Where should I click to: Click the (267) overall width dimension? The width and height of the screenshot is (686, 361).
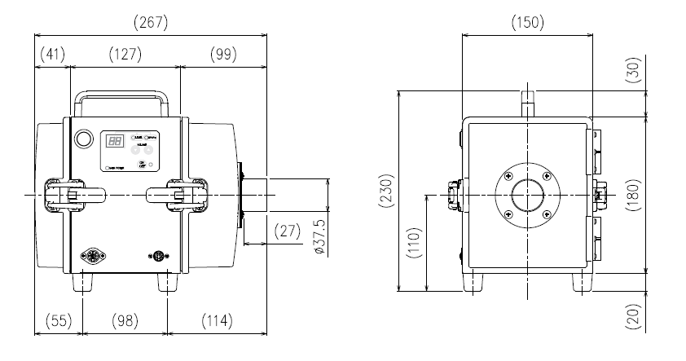[152, 23]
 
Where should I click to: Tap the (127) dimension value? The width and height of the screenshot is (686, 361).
[124, 55]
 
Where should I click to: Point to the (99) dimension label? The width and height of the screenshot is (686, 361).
[220, 55]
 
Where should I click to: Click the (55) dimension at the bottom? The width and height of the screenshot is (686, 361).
[57, 321]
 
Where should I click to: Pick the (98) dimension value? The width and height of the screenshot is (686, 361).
[125, 321]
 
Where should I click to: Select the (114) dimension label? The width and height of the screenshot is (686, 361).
[217, 321]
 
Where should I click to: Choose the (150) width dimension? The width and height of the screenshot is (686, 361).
[527, 23]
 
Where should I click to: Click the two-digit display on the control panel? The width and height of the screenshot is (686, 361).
[115, 142]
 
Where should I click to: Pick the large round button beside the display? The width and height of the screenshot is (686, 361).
[82, 139]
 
